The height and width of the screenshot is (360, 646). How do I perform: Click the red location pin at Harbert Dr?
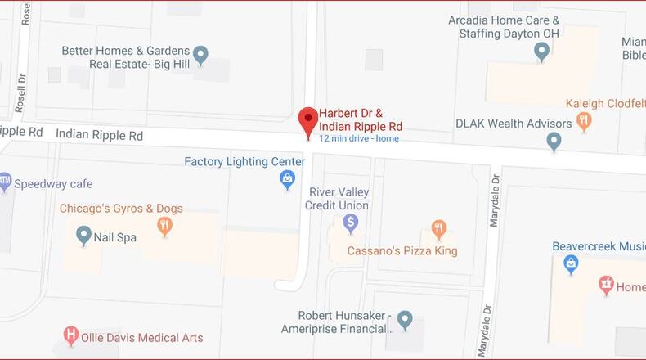pos(308,121)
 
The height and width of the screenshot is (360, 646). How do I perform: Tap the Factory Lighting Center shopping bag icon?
pos(287,181)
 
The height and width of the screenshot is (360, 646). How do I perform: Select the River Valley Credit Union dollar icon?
pos(351,222)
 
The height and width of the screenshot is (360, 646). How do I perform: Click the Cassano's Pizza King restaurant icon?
pos(439,229)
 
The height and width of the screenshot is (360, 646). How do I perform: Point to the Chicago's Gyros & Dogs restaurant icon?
pos(165,227)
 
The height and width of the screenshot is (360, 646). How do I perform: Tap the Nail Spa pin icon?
pos(83,236)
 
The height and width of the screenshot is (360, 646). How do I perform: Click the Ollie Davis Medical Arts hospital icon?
pos(72,335)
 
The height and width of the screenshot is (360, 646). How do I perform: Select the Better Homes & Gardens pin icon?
pos(200,56)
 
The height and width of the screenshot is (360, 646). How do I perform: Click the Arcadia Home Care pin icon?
pos(541,52)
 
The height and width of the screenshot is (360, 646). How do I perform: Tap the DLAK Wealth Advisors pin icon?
pos(554,142)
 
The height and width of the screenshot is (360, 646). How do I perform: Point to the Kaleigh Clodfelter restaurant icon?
pos(584,122)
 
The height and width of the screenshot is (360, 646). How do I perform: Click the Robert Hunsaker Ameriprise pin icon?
pos(405,319)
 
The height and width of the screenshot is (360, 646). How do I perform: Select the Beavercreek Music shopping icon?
pos(571,264)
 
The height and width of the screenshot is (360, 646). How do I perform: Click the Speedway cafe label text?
pos(53,184)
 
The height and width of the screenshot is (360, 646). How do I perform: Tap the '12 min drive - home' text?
pos(359,138)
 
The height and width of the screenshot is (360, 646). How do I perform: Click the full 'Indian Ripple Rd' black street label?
pos(100,135)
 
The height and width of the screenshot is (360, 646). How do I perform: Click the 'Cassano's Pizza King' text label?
pos(402,250)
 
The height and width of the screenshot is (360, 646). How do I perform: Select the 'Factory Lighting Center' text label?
pos(244,161)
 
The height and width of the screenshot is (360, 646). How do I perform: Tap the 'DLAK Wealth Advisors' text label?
pos(514,124)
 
